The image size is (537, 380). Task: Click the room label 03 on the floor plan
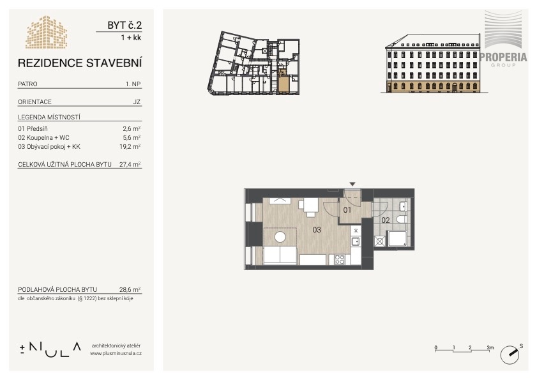pos(317,229)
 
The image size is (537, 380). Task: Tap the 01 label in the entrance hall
pos(347,209)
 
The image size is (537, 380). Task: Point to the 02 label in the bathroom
pos(386,220)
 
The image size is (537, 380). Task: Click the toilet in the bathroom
pos(402,219)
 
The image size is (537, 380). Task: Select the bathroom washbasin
pos(403,207)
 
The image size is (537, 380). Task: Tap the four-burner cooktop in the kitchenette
pos(340,259)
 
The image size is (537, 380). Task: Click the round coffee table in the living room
pos(280,237)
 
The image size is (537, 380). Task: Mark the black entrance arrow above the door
pos(352,185)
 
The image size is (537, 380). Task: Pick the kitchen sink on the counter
pos(356,241)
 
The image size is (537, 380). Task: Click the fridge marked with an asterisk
pos(356,231)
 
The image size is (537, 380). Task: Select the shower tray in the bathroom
pos(397,239)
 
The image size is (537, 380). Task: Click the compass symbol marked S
pos(510,354)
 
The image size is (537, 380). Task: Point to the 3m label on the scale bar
pos(490,347)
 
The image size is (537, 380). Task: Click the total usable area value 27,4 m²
pos(130,164)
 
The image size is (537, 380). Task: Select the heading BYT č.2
pos(125,25)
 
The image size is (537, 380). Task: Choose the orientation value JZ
pos(137,102)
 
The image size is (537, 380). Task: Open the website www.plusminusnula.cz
pos(116,353)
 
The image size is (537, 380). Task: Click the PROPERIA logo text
pos(503,57)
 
